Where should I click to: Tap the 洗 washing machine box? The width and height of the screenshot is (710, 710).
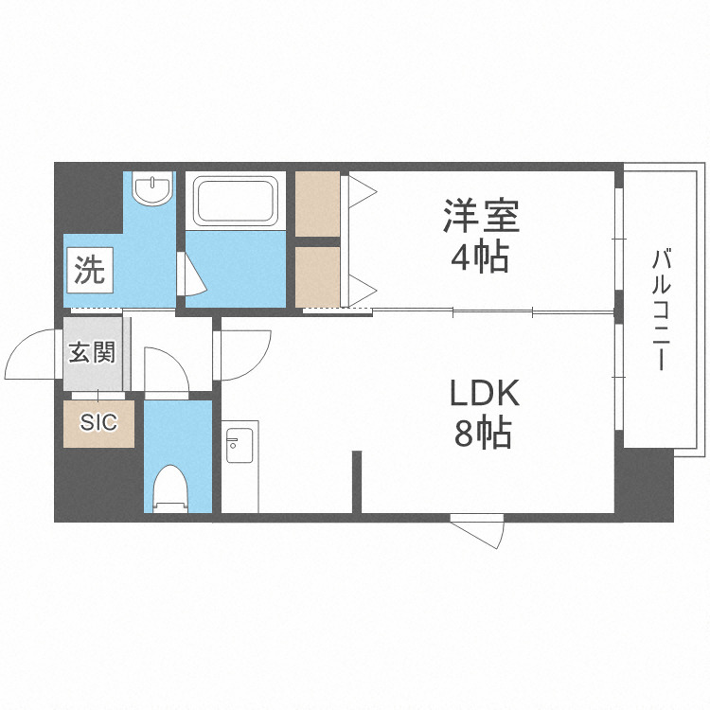(90, 272)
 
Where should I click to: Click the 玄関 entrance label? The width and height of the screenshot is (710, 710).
(92, 353)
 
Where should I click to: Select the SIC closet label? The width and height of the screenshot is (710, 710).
(98, 422)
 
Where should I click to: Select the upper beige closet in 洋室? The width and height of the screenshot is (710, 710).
(318, 204)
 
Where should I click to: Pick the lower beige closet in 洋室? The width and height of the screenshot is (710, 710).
(318, 275)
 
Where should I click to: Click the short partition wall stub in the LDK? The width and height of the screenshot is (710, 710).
(357, 482)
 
